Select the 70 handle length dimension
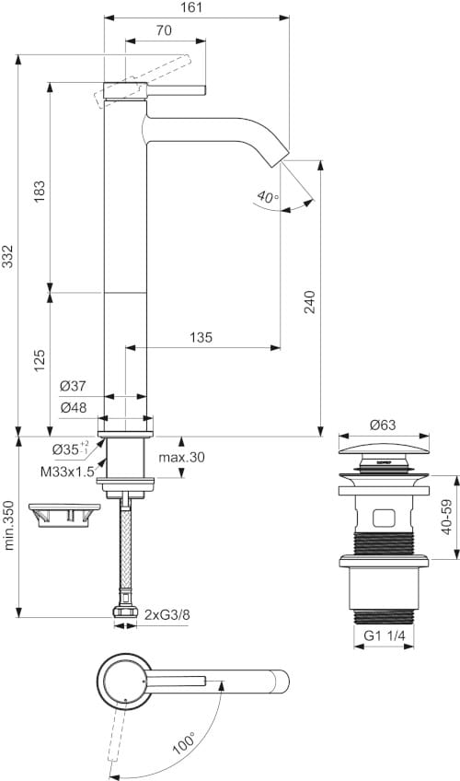(x=165, y=30)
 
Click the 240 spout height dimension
(x=309, y=303)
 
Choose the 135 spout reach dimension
(x=200, y=337)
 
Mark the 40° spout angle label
(x=267, y=196)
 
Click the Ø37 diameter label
(x=74, y=386)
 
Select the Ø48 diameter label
(x=74, y=407)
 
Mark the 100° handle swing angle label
(x=182, y=740)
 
